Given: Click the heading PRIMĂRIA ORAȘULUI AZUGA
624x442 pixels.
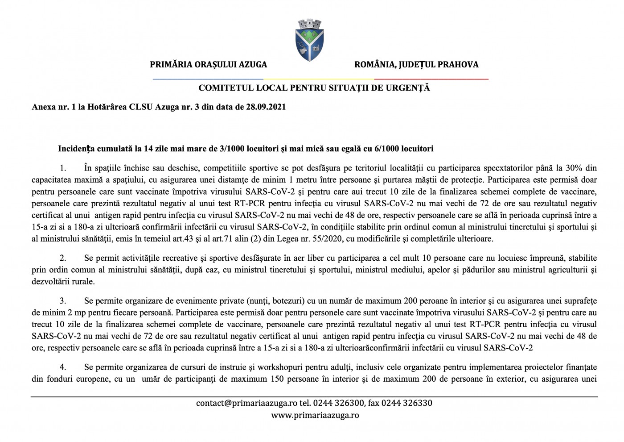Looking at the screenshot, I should [208, 65].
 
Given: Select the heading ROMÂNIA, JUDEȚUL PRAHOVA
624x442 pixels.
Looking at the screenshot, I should [416, 65].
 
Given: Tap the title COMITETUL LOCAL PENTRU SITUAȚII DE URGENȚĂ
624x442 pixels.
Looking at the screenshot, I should [314, 88].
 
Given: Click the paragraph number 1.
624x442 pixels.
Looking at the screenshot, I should [63, 168].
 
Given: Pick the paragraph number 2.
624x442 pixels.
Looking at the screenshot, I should [63, 258].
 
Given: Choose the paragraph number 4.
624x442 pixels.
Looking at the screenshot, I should [63, 367].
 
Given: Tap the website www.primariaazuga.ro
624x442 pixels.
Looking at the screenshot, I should [315, 415].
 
